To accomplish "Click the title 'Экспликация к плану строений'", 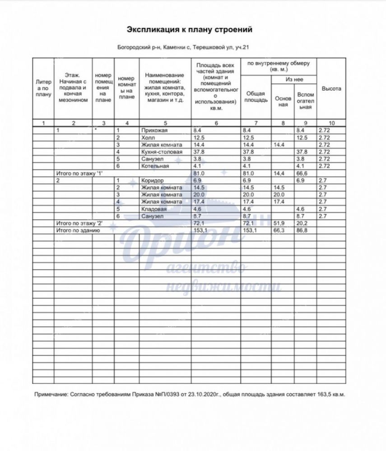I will [189, 30].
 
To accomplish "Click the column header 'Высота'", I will [331, 89].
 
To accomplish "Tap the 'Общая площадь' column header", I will [256, 97].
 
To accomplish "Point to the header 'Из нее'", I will [294, 79].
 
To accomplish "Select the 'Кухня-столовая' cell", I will [162, 152].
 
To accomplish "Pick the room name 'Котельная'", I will [155, 166].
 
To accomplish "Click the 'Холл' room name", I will [148, 138].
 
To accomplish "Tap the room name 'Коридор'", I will [153, 180].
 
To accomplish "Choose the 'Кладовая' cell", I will [154, 209].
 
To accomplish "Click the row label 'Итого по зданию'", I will [77, 230].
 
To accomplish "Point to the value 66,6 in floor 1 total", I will [302, 173].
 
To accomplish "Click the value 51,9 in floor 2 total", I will [279, 223].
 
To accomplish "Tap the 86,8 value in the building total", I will [302, 230].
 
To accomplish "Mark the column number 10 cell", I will [332, 123].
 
